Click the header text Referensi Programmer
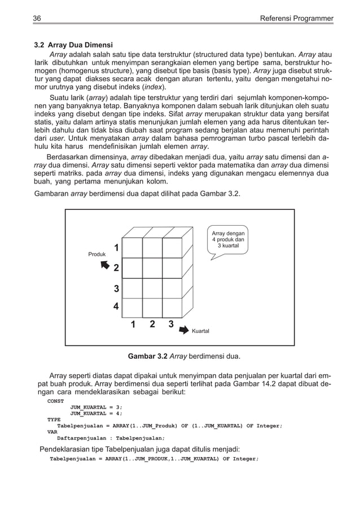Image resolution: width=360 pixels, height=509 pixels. pos(296,19)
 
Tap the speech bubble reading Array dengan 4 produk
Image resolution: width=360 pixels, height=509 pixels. pos(228,240)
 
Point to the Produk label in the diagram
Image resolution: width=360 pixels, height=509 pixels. pos(97,254)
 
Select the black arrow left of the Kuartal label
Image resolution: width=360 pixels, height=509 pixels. pos(185,329)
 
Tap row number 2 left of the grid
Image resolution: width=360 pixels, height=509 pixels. pos(117,267)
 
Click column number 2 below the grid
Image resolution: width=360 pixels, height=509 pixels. pos(152,324)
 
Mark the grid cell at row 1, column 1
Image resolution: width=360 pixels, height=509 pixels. pos(133,248)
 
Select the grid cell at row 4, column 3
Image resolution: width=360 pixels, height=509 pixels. pos(172,308)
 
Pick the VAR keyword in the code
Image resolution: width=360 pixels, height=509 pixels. pos(52,432)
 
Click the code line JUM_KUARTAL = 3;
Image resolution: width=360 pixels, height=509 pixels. pos(96,407)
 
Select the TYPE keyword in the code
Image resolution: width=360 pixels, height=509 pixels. pos(54,419)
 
